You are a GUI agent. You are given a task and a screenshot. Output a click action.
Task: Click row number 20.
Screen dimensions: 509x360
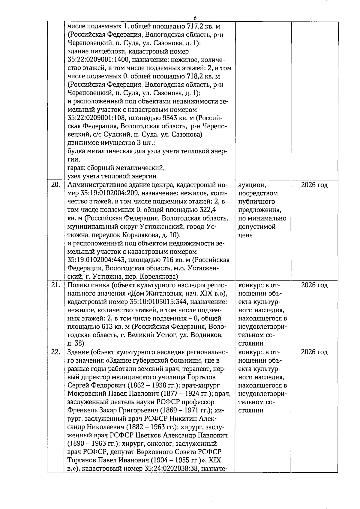(56, 185)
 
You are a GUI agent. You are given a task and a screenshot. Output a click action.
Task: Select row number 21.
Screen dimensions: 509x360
(56, 285)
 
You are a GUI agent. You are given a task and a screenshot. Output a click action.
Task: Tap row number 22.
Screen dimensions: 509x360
(56, 352)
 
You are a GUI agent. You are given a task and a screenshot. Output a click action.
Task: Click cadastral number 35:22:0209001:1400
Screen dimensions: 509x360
(100, 60)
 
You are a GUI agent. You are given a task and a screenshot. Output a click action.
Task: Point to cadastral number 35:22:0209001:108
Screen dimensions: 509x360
(97, 118)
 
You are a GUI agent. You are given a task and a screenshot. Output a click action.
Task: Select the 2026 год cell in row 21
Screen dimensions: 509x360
(314, 285)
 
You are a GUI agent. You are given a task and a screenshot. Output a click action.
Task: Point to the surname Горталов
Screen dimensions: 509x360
(201, 377)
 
